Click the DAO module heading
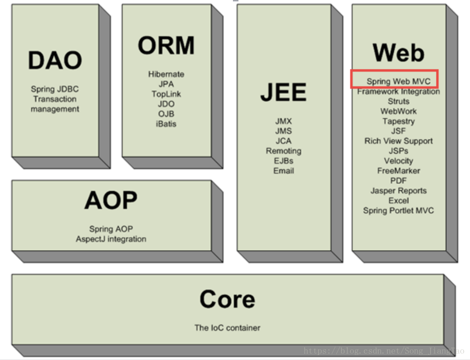coord(55,60)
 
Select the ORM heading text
coord(166,46)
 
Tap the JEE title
coord(283,92)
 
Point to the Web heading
coord(398,52)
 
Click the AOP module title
coord(111,200)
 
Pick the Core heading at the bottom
coord(227,300)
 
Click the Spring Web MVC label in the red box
coord(398,81)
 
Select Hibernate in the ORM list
coord(166,74)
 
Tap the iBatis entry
coord(166,124)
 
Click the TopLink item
coord(166,94)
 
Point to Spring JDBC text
coord(55,89)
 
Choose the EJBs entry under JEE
coord(283,161)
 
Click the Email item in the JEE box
coord(283,171)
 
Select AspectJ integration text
coord(111,239)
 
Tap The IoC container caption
coord(227,328)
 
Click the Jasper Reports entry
coord(398,191)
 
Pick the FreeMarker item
coord(398,171)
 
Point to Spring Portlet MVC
coord(398,211)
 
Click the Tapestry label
coord(398,121)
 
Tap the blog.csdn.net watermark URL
coord(384,351)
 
